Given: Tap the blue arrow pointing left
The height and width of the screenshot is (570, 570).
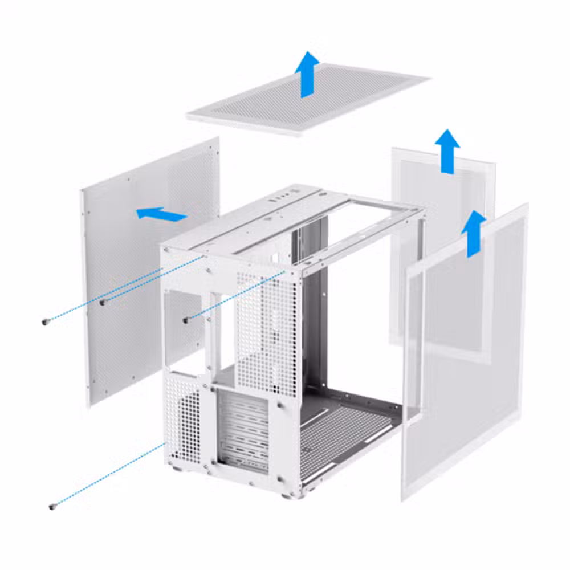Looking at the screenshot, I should [x=161, y=214].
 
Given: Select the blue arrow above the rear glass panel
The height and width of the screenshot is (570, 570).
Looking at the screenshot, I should [x=447, y=150].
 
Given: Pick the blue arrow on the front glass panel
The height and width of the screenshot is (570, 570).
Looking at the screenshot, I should [x=473, y=233].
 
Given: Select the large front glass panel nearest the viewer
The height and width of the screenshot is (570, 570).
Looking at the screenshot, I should [x=465, y=353].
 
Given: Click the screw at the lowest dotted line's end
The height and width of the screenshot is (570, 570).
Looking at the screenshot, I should [x=52, y=505].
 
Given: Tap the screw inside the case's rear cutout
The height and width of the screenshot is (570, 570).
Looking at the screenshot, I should [x=185, y=320].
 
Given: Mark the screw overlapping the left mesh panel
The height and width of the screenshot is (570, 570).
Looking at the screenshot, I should [x=102, y=303].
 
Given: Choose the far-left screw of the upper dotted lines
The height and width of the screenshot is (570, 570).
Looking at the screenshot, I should [x=45, y=323].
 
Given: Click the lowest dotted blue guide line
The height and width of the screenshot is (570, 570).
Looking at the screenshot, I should [x=108, y=475].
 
